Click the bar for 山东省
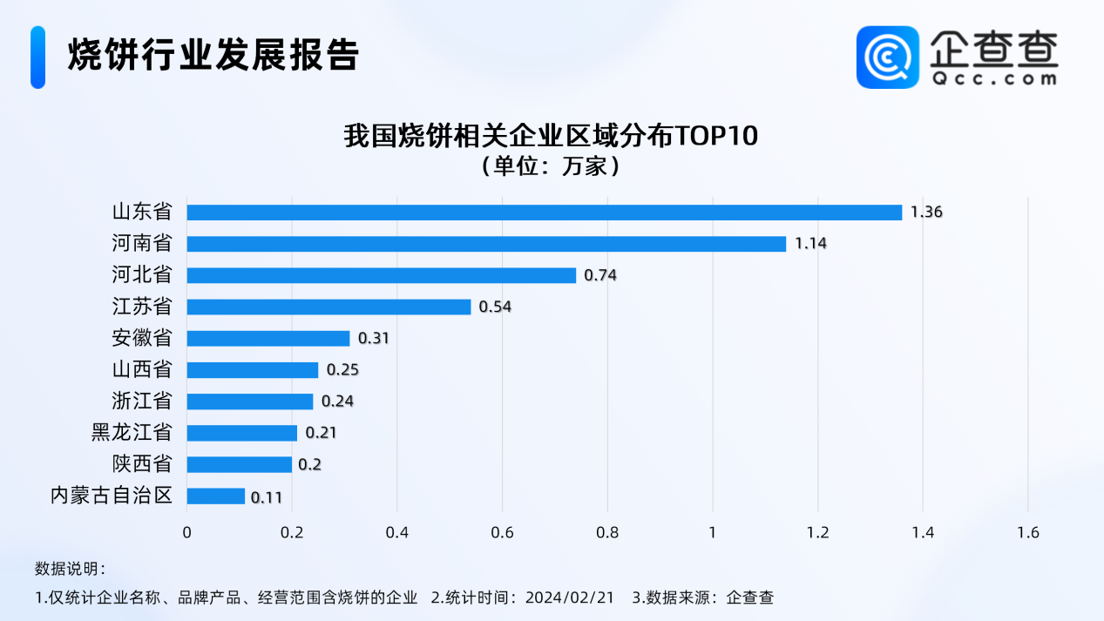(x=544, y=213)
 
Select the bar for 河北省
(x=381, y=275)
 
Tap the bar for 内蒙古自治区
(x=215, y=496)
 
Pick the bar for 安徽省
(x=268, y=339)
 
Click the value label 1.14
(x=809, y=244)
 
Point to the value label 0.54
(x=495, y=307)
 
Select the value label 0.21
(x=321, y=433)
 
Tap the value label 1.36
(x=926, y=213)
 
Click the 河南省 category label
(x=142, y=244)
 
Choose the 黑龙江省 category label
(x=132, y=433)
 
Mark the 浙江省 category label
(x=142, y=402)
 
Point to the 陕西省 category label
(x=142, y=464)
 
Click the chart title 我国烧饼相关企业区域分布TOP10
(x=552, y=137)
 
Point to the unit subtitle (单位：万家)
(x=552, y=165)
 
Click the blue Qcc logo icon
(x=887, y=57)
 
